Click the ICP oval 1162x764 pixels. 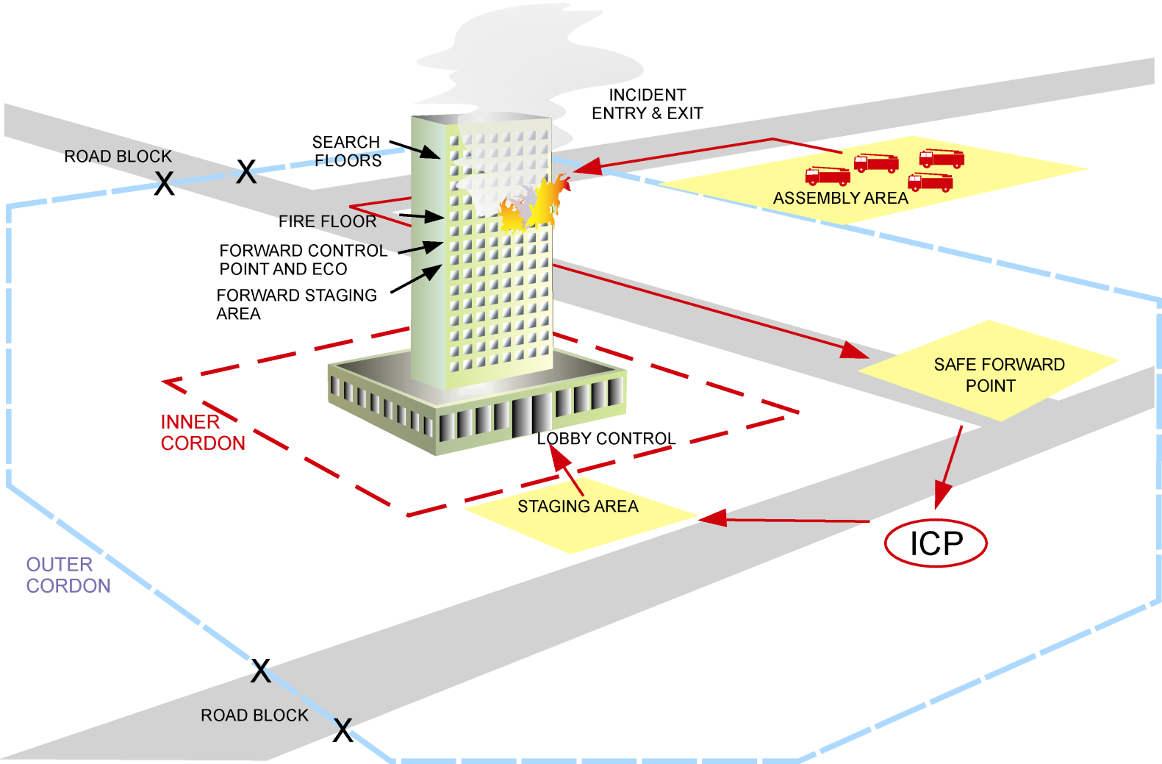point(935,543)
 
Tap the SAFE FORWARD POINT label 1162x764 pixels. point(998,375)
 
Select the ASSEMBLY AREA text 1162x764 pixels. point(840,198)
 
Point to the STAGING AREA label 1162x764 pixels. point(578,506)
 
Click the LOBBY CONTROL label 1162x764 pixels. point(606,439)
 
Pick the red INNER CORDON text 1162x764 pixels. point(202,432)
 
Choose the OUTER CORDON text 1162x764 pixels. point(68,575)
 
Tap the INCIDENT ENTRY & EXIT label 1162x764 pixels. point(647,104)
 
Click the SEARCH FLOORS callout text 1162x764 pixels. point(347,151)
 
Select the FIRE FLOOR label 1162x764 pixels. point(327,221)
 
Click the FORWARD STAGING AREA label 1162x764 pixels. point(296,304)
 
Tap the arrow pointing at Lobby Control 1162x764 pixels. point(567,470)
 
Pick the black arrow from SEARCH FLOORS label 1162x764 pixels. point(415,149)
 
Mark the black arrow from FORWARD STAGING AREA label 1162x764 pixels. point(417,279)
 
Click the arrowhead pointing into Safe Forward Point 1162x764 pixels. point(854,350)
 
